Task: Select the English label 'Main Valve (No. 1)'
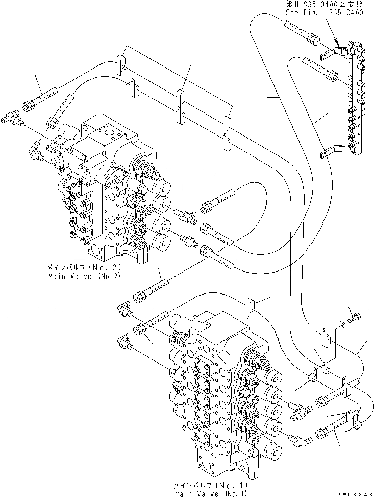211,493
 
